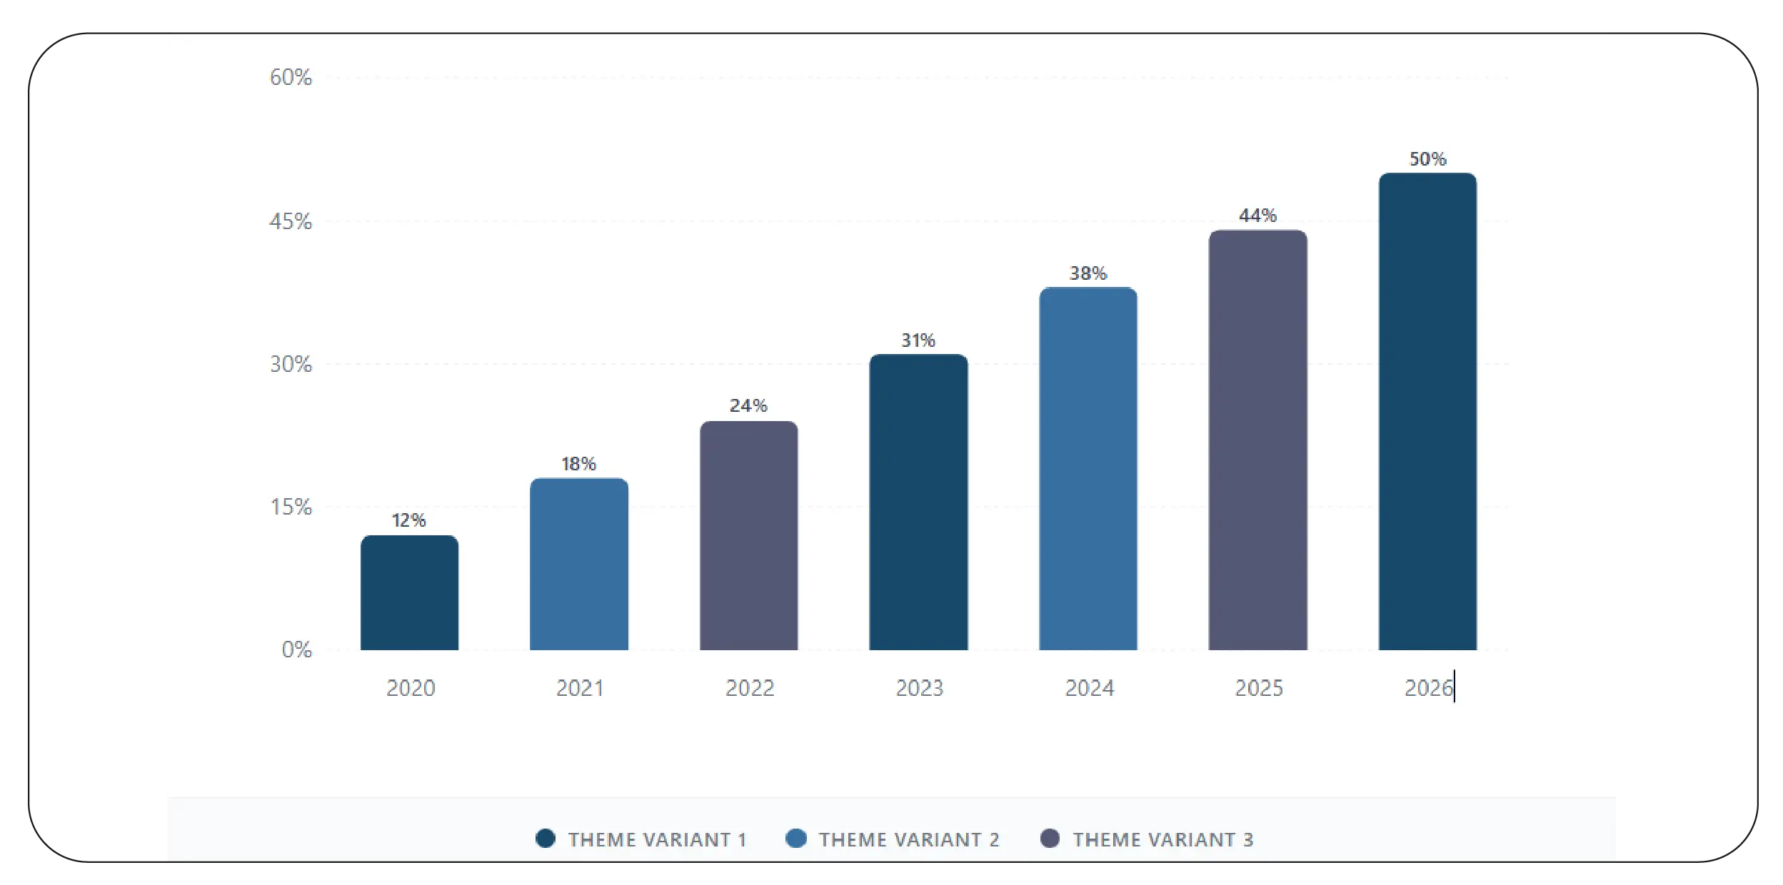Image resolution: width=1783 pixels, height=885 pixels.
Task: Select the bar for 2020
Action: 409,592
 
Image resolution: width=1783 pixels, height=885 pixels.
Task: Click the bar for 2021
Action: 579,564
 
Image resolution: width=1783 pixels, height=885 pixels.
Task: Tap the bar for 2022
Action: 748,535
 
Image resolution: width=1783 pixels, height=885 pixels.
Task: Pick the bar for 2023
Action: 918,502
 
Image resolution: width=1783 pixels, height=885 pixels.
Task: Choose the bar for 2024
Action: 1088,468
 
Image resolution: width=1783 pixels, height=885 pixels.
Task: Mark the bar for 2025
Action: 1257,440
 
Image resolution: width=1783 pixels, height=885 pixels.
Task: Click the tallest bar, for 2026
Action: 1427,411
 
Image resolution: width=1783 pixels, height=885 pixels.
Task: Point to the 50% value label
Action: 1427,158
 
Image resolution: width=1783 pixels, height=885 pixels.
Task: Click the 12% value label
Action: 408,520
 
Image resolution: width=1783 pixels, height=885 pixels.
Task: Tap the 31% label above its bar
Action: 918,340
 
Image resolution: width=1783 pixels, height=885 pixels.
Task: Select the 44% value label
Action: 1257,215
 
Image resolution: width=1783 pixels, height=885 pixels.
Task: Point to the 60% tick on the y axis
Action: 291,77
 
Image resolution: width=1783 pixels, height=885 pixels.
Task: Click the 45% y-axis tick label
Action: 291,221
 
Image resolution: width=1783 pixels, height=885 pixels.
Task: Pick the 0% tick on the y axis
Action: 296,649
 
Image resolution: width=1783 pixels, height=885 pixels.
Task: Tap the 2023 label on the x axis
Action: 919,688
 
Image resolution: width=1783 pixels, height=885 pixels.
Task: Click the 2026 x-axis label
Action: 1428,688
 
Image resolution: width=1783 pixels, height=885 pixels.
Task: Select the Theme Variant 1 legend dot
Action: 546,839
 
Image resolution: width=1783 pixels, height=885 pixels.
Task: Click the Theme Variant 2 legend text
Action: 909,839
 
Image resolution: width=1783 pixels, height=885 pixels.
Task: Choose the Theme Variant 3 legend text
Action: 1162,839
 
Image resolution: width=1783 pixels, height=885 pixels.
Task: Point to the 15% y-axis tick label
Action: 291,507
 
